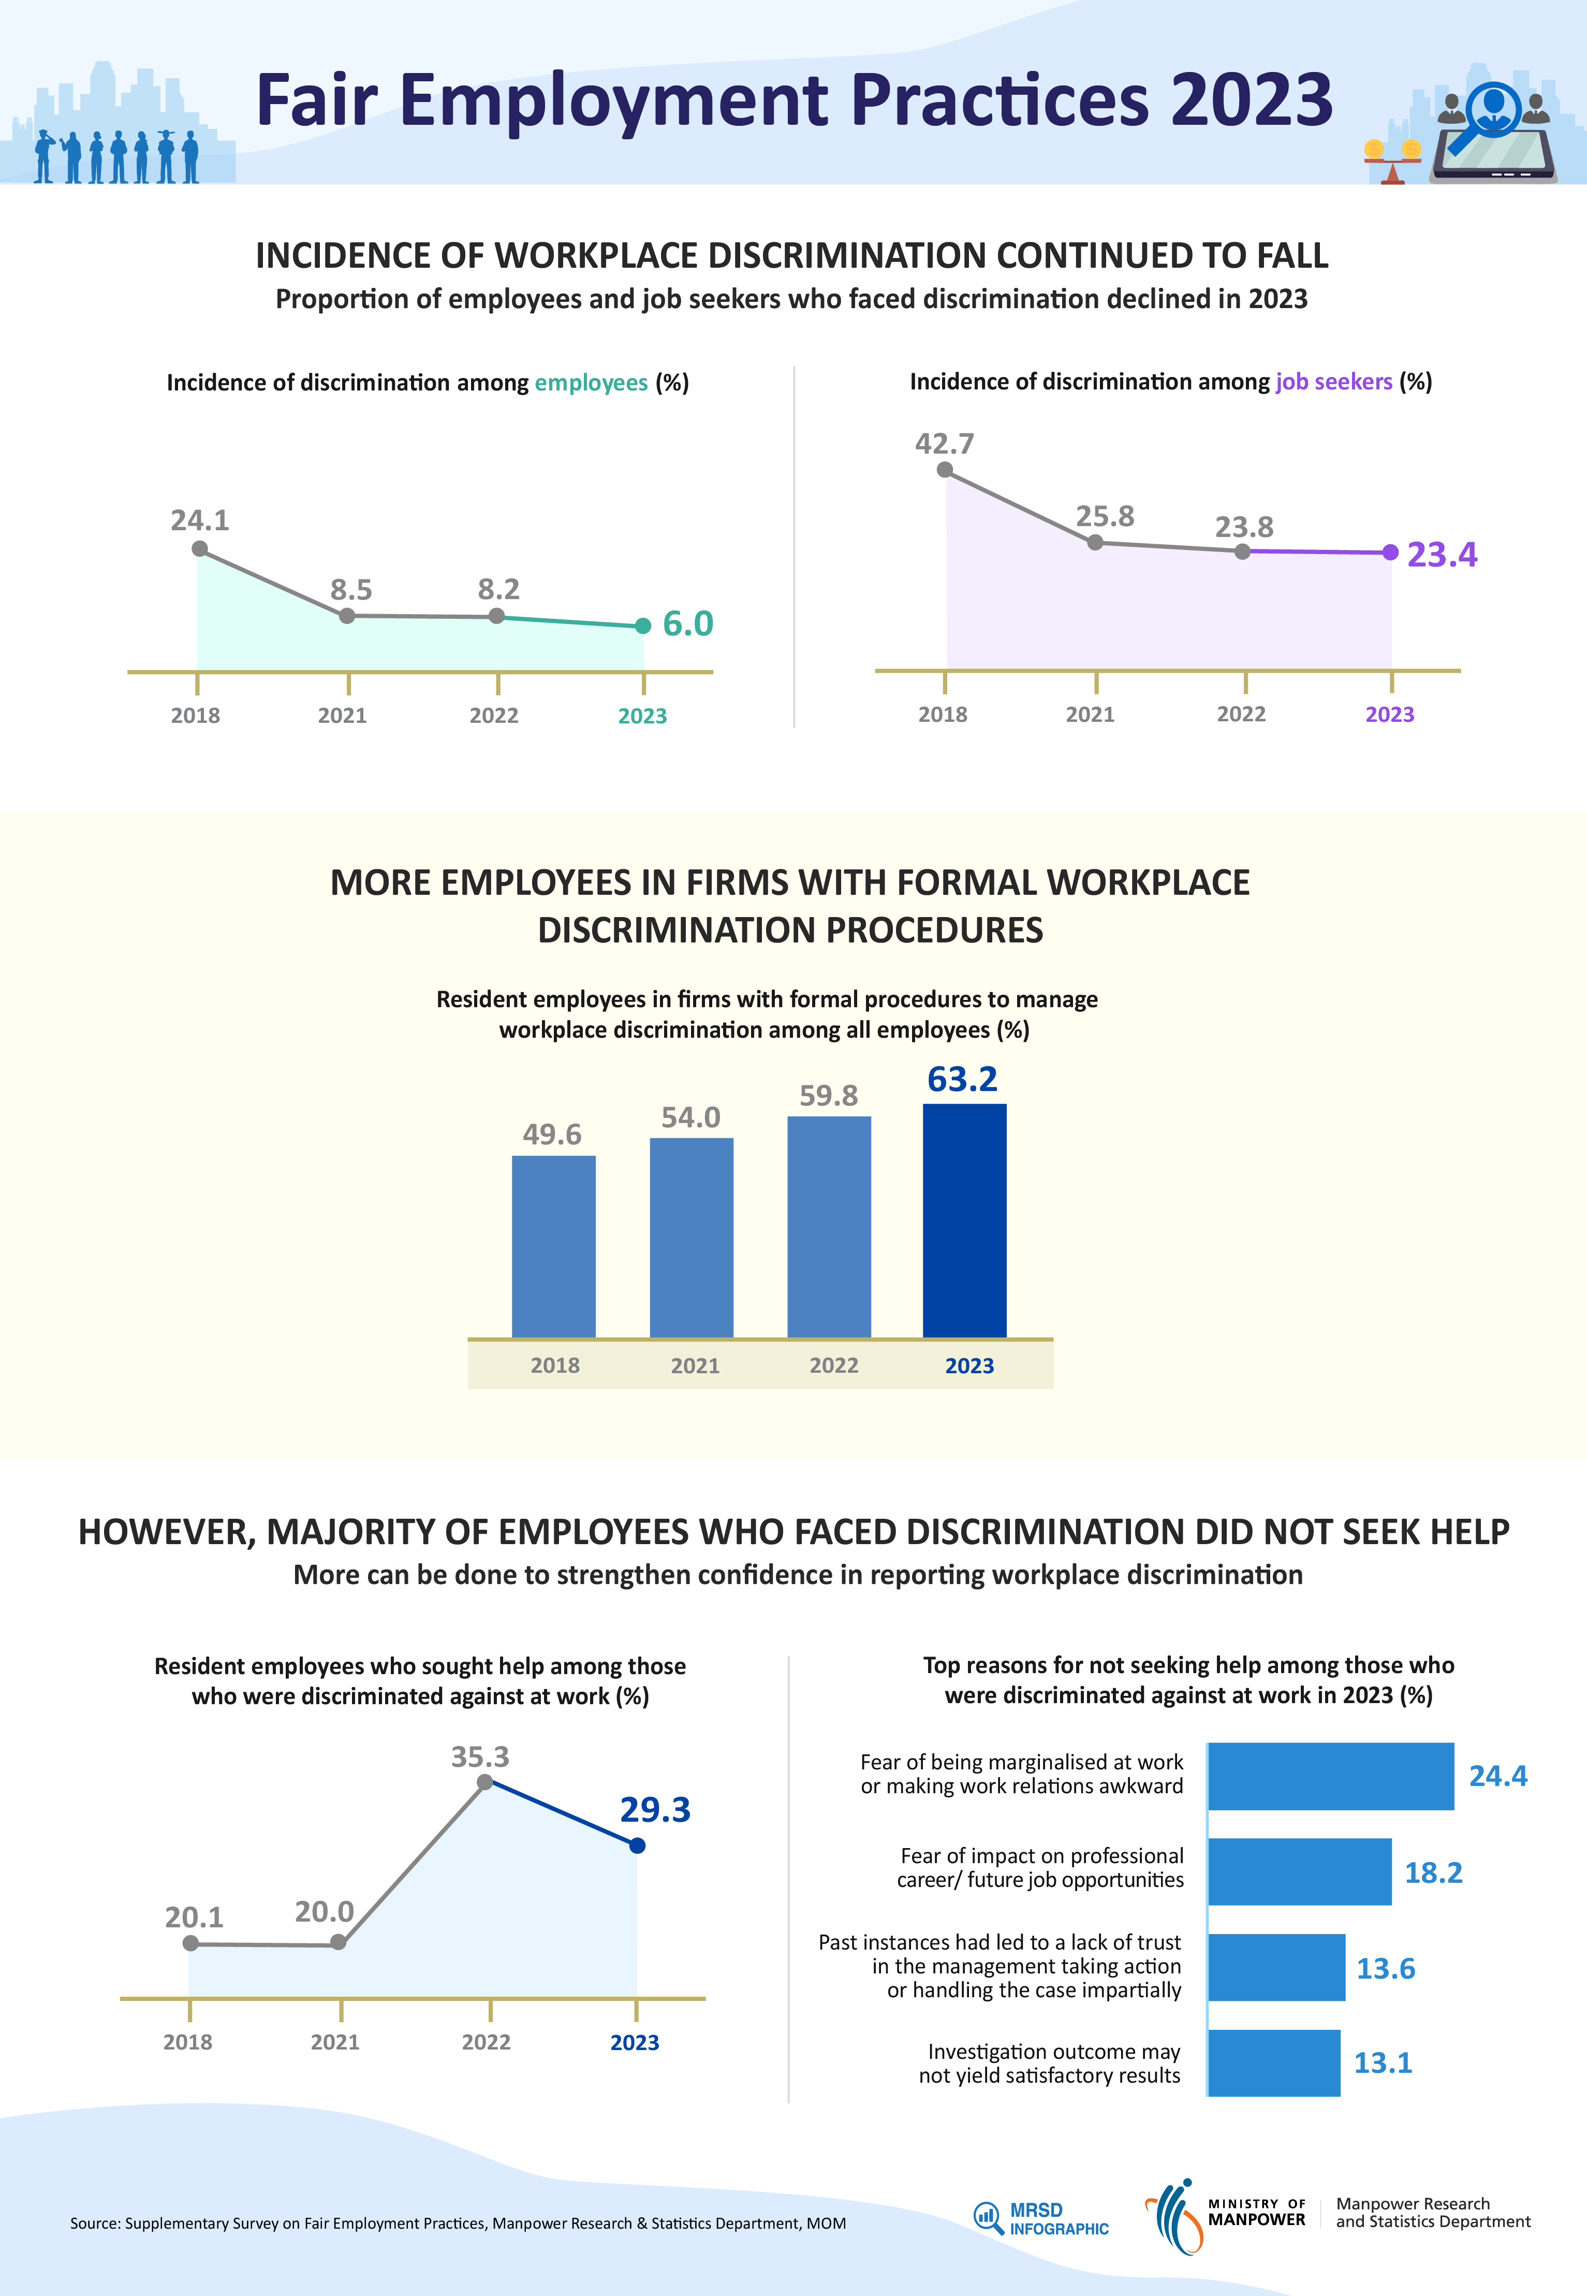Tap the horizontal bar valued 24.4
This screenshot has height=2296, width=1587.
pyautogui.click(x=1330, y=1776)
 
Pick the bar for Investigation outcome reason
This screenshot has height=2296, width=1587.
pyautogui.click(x=1274, y=2062)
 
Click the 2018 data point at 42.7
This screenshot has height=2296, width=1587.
pyautogui.click(x=945, y=470)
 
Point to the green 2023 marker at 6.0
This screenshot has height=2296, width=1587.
pyautogui.click(x=643, y=626)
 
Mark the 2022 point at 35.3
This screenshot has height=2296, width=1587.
pyautogui.click(x=485, y=1782)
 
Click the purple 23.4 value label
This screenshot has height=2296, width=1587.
pyautogui.click(x=1442, y=554)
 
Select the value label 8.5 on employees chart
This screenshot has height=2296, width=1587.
pyautogui.click(x=351, y=590)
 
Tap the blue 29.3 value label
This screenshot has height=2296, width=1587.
pyautogui.click(x=654, y=1810)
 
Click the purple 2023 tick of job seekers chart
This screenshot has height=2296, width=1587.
pyautogui.click(x=1389, y=714)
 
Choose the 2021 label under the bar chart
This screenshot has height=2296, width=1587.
pyautogui.click(x=695, y=1366)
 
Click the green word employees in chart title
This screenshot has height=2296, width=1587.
pyautogui.click(x=591, y=383)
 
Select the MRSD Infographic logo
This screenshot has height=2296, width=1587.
pyautogui.click(x=1041, y=2218)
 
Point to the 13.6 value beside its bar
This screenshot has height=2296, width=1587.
pyautogui.click(x=1385, y=1969)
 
